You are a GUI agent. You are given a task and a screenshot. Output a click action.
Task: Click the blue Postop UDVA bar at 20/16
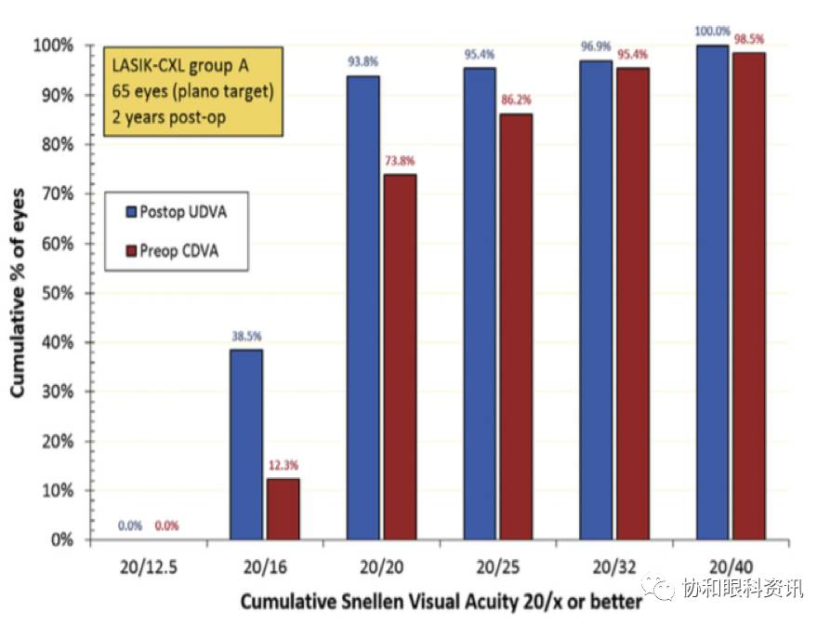(x=247, y=445)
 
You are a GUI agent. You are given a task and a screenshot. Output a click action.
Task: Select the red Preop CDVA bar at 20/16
(x=283, y=509)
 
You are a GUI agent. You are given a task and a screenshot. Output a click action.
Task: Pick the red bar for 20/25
(x=516, y=326)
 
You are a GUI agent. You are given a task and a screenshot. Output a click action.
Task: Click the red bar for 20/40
(x=748, y=296)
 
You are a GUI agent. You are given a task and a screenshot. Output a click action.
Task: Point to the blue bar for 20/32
(x=596, y=300)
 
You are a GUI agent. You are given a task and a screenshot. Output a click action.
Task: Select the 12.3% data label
(x=283, y=466)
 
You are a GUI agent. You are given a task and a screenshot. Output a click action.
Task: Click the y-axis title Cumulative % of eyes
(x=18, y=291)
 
